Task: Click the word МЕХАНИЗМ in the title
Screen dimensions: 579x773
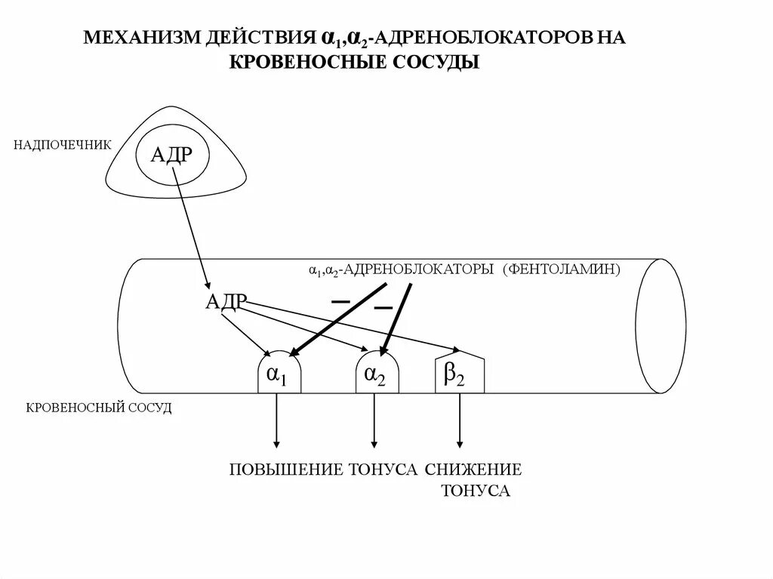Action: pos(140,38)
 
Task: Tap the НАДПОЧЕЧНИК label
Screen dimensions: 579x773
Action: pos(62,144)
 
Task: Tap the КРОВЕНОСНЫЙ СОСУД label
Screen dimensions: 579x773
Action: pos(100,408)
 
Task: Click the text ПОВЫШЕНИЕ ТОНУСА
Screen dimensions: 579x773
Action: pos(323,470)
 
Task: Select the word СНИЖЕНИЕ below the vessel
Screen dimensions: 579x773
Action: pos(473,470)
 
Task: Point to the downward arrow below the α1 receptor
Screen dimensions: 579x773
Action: pos(277,419)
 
